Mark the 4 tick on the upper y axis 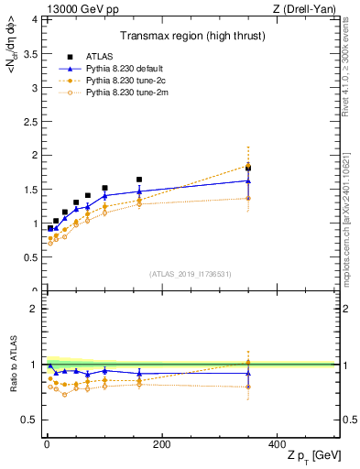click(35, 18)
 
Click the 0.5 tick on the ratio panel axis click(31, 420)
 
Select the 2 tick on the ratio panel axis click(35, 309)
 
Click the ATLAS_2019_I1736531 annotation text click(191, 274)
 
